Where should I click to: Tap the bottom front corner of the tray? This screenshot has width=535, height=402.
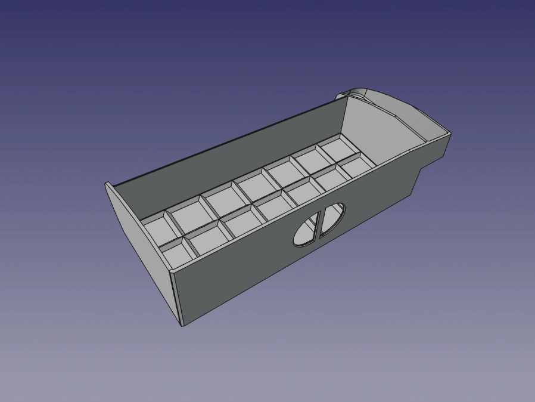(x=182, y=325)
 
